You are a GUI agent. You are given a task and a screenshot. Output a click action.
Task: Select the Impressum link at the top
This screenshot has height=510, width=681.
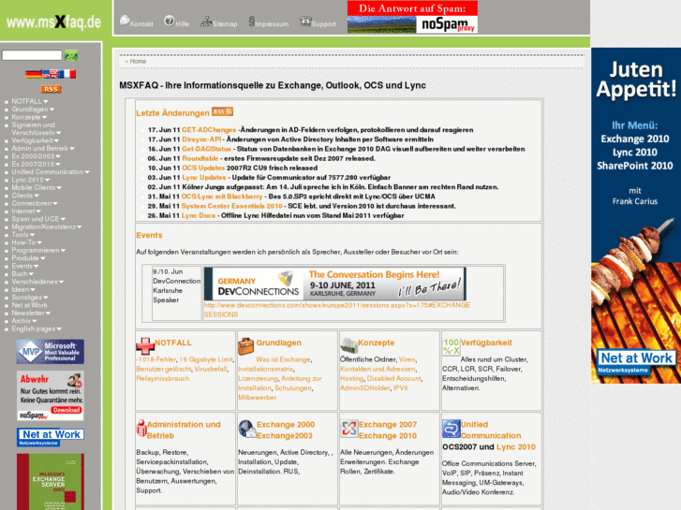pyautogui.click(x=269, y=22)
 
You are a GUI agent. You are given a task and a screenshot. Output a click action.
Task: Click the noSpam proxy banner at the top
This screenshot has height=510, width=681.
pyautogui.click(x=412, y=17)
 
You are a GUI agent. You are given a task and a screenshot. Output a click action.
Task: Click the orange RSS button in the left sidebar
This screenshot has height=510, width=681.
pyautogui.click(x=51, y=89)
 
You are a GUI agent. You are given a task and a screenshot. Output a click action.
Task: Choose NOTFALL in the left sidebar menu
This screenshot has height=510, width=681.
pyautogui.click(x=26, y=101)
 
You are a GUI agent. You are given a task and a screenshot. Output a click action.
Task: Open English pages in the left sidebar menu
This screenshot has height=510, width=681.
pyautogui.click(x=34, y=329)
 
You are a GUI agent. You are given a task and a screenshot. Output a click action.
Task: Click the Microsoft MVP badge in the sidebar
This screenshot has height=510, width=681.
pyautogui.click(x=50, y=352)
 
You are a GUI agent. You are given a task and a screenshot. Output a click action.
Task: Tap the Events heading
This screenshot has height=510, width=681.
pyautogui.click(x=149, y=236)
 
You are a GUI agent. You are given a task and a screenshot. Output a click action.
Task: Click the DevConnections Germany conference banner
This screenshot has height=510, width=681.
pyautogui.click(x=334, y=283)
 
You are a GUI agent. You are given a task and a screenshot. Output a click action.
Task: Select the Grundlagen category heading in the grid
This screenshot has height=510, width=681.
pyautogui.click(x=278, y=343)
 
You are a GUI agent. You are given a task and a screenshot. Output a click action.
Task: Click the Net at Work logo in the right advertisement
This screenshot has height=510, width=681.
pyautogui.click(x=636, y=360)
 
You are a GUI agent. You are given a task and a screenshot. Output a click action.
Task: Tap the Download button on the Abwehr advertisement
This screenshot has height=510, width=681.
pyautogui.click(x=67, y=410)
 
